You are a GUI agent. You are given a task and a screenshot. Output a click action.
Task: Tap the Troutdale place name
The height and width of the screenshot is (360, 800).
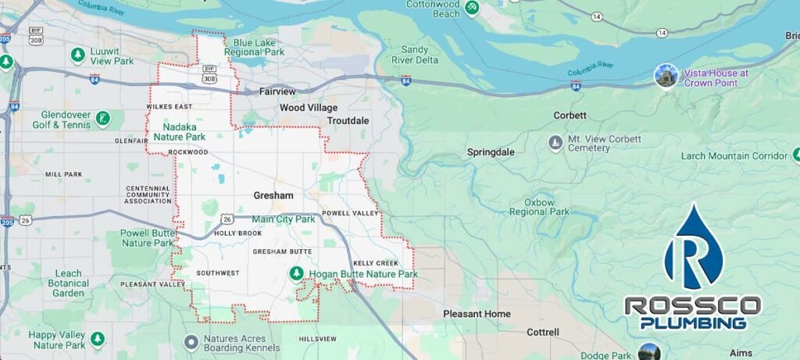[348, 121]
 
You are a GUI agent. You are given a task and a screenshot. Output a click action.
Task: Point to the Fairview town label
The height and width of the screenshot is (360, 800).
[277, 91]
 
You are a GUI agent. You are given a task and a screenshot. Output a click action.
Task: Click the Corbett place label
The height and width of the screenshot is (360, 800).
[570, 115]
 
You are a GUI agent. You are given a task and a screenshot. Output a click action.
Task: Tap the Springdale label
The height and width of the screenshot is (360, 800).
[491, 152]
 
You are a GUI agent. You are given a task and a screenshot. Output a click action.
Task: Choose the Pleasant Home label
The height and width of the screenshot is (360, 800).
[477, 314]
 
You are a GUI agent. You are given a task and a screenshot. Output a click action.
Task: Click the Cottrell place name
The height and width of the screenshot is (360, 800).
[543, 332]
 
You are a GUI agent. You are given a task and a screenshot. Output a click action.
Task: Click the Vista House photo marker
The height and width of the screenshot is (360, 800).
[666, 76]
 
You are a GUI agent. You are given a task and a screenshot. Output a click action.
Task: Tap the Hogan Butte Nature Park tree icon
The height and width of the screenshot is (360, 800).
[297, 273]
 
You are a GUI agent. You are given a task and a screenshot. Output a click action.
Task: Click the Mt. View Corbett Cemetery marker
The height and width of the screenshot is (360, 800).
[555, 144]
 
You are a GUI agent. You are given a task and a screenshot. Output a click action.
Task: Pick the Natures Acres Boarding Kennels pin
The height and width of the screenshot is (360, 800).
[191, 342]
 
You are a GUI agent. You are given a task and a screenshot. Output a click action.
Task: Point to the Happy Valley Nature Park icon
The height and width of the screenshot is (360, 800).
[97, 340]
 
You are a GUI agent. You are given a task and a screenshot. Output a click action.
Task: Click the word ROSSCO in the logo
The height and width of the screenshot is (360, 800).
[692, 305]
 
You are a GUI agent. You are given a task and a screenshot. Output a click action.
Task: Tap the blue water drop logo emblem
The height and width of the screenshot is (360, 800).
[693, 248]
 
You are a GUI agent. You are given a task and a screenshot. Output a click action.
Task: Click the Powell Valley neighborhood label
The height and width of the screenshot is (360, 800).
[350, 212]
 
